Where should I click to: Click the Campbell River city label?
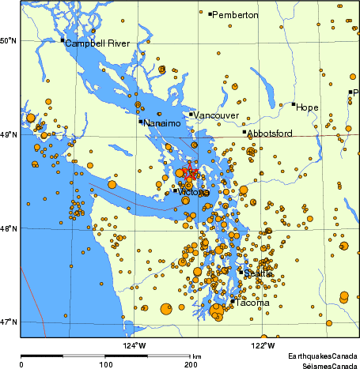[96, 43]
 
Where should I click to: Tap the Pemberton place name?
[236, 15]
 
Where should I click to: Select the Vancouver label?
[217, 115]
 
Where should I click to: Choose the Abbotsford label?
[271, 134]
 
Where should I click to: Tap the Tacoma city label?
[252, 303]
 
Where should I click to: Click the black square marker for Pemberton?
[210, 13]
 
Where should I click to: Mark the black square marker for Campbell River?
[63, 40]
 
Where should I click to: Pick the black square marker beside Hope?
[294, 104]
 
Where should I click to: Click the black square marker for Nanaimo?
[141, 121]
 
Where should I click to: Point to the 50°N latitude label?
[9, 40]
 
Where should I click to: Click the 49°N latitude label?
[9, 135]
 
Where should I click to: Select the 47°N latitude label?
[9, 322]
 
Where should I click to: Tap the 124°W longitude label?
[134, 345]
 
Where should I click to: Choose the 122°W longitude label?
[263, 345]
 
